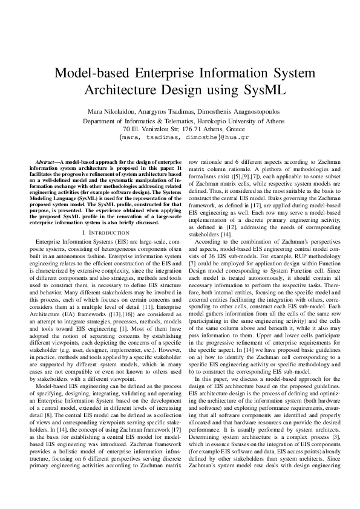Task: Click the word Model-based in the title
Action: coord(91,75)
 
